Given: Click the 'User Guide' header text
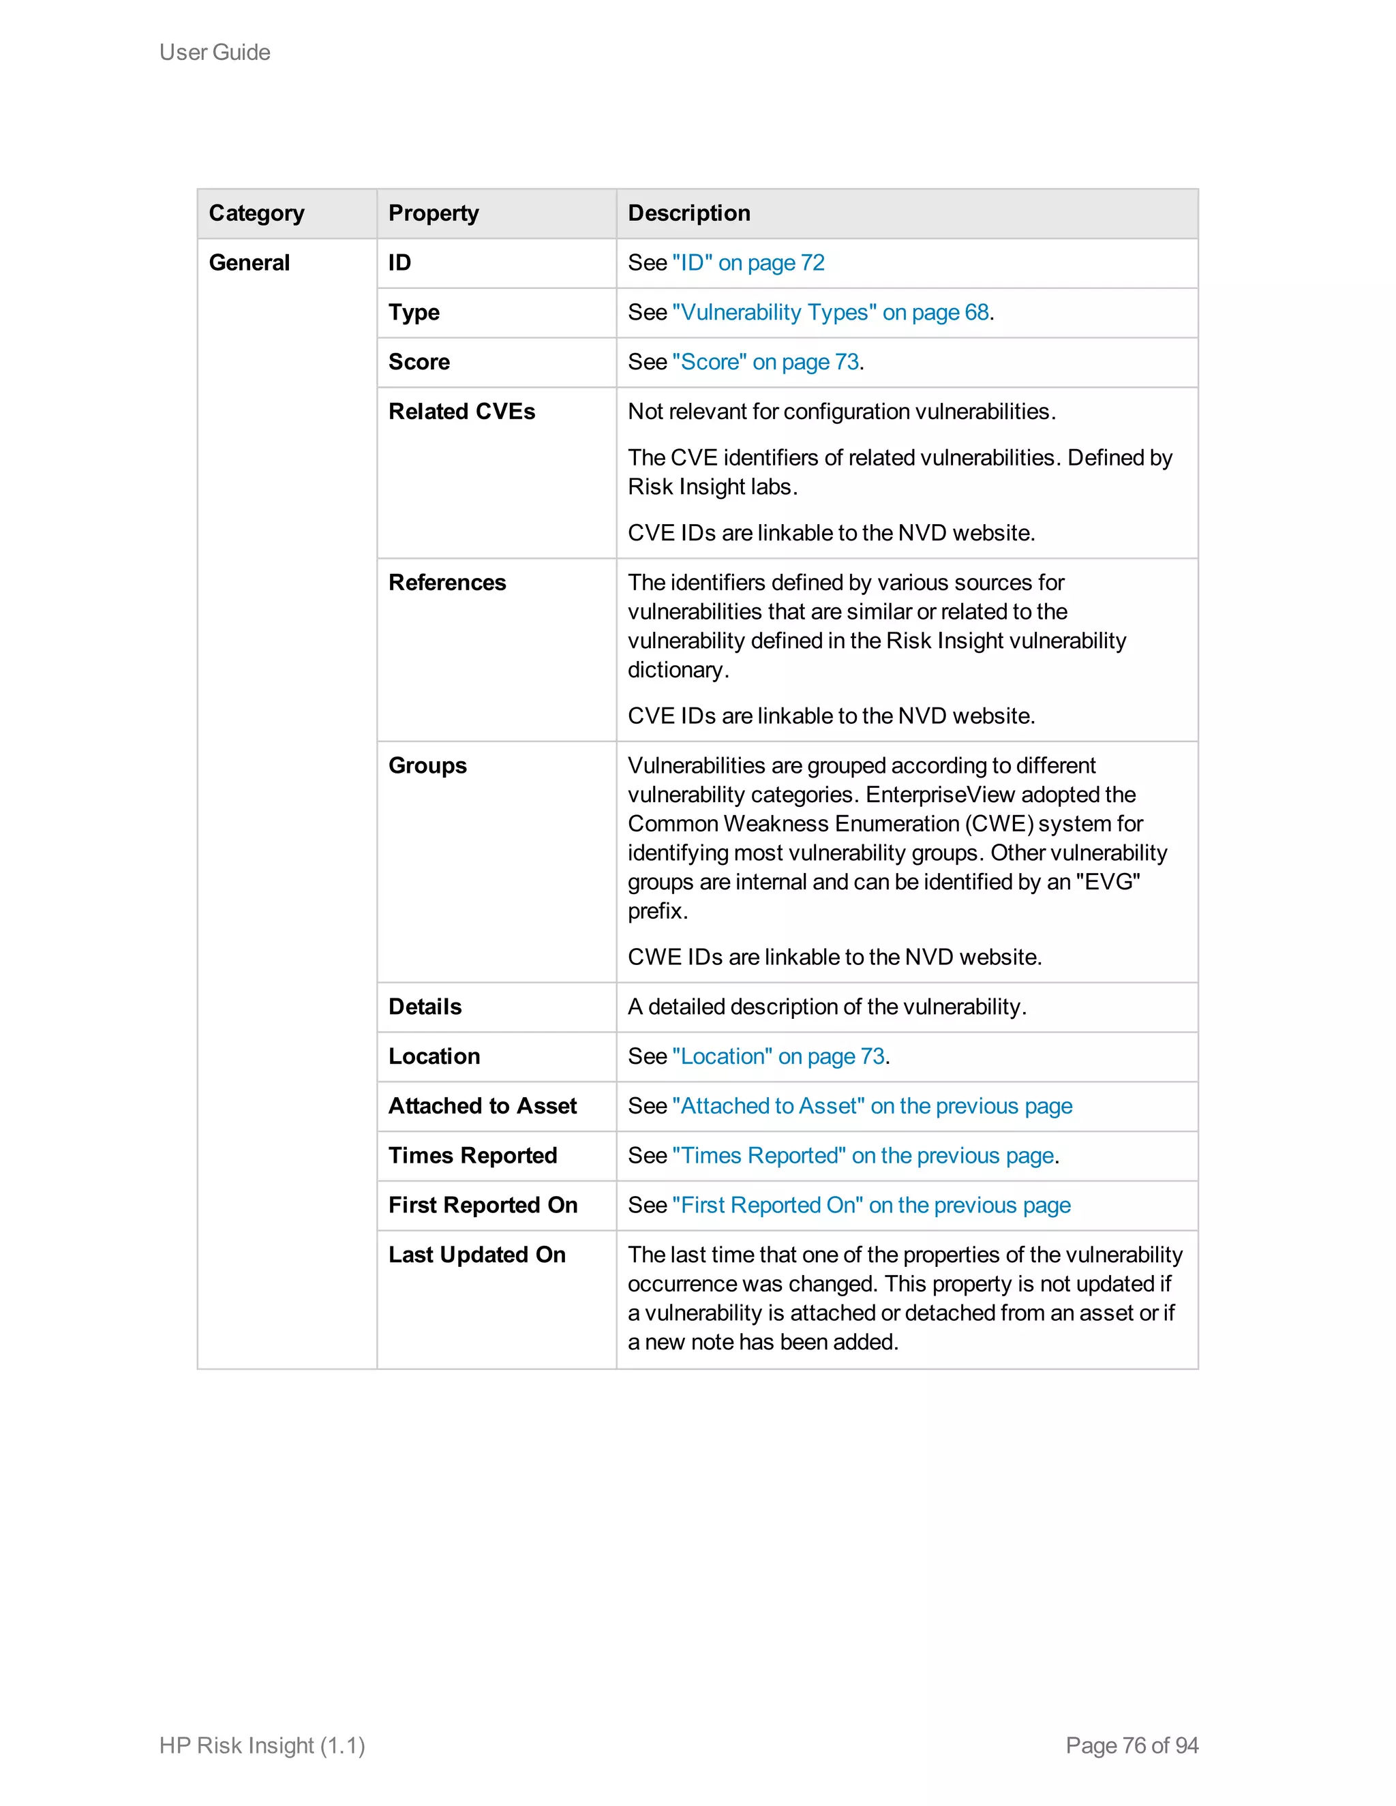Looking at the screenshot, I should [214, 52].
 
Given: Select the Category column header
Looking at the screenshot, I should [256, 213].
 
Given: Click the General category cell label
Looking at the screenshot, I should [249, 263].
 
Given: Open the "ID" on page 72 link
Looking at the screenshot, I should [748, 263].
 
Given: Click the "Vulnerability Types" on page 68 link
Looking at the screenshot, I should [830, 313].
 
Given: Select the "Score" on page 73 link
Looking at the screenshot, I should [765, 362].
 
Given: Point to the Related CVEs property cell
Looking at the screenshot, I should [461, 412].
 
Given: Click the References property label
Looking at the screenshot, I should [446, 583].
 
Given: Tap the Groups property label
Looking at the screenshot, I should [427, 766].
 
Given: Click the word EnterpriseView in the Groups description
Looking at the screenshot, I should [939, 795].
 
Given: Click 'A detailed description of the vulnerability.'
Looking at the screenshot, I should [826, 1007].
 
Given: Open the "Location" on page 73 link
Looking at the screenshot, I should [778, 1057].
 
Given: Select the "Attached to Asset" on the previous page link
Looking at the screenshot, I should [872, 1106].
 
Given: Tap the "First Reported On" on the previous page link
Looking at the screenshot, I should [871, 1206].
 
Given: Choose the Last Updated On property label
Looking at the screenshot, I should [476, 1255].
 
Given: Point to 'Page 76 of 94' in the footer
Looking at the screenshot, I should [1132, 1745].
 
